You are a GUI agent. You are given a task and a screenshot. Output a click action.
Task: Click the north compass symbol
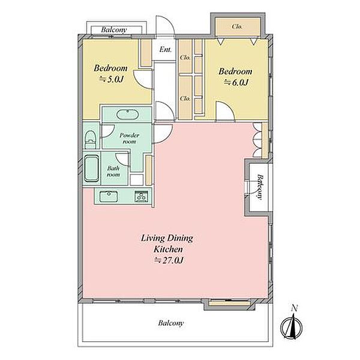point(292,326)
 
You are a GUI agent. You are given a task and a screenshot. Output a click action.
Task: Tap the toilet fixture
point(90,140)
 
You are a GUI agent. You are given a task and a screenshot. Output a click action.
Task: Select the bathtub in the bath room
point(92,169)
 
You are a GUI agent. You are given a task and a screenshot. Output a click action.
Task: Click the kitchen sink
point(109,197)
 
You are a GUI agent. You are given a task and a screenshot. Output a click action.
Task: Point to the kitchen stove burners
point(141,197)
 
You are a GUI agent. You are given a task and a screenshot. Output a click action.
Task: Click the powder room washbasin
point(127,115)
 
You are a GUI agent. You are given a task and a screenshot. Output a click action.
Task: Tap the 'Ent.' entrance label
point(166,49)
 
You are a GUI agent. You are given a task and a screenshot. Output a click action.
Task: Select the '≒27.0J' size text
point(169,260)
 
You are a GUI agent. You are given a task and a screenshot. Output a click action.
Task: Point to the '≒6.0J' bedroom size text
point(236,82)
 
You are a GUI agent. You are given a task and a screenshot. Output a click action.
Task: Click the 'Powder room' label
point(129,139)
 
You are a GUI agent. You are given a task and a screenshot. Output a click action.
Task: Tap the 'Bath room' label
point(113,172)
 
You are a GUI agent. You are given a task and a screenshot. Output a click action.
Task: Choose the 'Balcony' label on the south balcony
point(171,323)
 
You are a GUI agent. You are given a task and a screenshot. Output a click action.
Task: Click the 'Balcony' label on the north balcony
point(114,29)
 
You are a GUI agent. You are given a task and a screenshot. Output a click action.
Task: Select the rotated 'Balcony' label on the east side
point(260,187)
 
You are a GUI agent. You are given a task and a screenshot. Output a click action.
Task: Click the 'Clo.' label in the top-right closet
point(237,26)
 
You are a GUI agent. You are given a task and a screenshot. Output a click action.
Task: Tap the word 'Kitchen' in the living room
point(168,249)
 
